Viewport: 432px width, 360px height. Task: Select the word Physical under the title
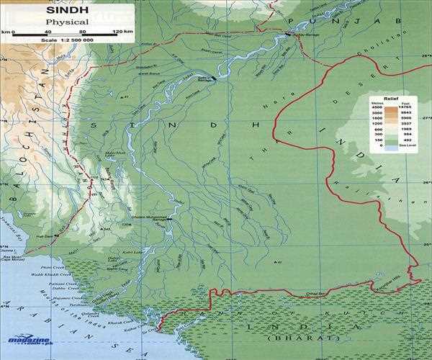[66, 22]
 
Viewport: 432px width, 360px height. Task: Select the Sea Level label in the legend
[405, 146]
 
